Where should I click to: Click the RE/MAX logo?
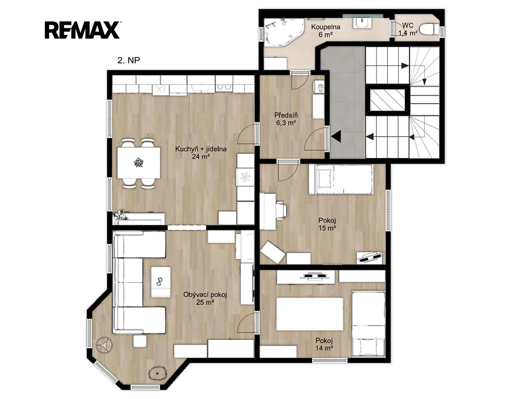coord(82,30)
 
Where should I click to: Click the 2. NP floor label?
coord(129,60)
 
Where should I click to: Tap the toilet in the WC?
coord(429,30)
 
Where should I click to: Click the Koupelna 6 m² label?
coord(325,31)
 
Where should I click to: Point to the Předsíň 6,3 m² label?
coord(286,119)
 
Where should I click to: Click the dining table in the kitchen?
coord(139,163)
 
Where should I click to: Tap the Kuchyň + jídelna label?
coord(201,149)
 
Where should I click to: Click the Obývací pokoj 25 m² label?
coord(205,298)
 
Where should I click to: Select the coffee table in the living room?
coord(160,282)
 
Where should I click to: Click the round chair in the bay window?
coord(105,345)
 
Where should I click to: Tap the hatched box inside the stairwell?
coord(387,100)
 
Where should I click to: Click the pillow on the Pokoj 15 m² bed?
coord(324,178)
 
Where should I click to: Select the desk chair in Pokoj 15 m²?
coord(282,210)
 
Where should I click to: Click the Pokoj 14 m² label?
coord(324,344)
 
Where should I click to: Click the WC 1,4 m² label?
coord(408,29)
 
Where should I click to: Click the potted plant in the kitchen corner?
coord(121,215)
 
